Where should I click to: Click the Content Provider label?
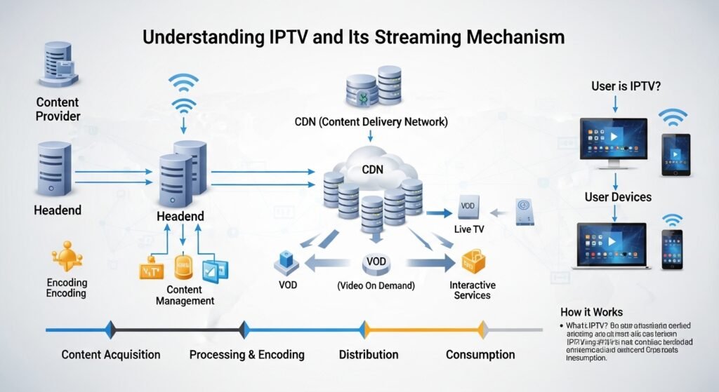[58, 109]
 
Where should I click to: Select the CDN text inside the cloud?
[372, 169]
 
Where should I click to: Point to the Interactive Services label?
[473, 290]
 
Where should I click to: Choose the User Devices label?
[618, 197]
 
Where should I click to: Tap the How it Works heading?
[591, 312]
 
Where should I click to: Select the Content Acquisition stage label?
[111, 354]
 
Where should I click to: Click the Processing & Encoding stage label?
[246, 354]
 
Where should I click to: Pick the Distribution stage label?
[369, 354]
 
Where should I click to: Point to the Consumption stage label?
[481, 354]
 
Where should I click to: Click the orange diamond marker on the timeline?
[482, 329]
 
